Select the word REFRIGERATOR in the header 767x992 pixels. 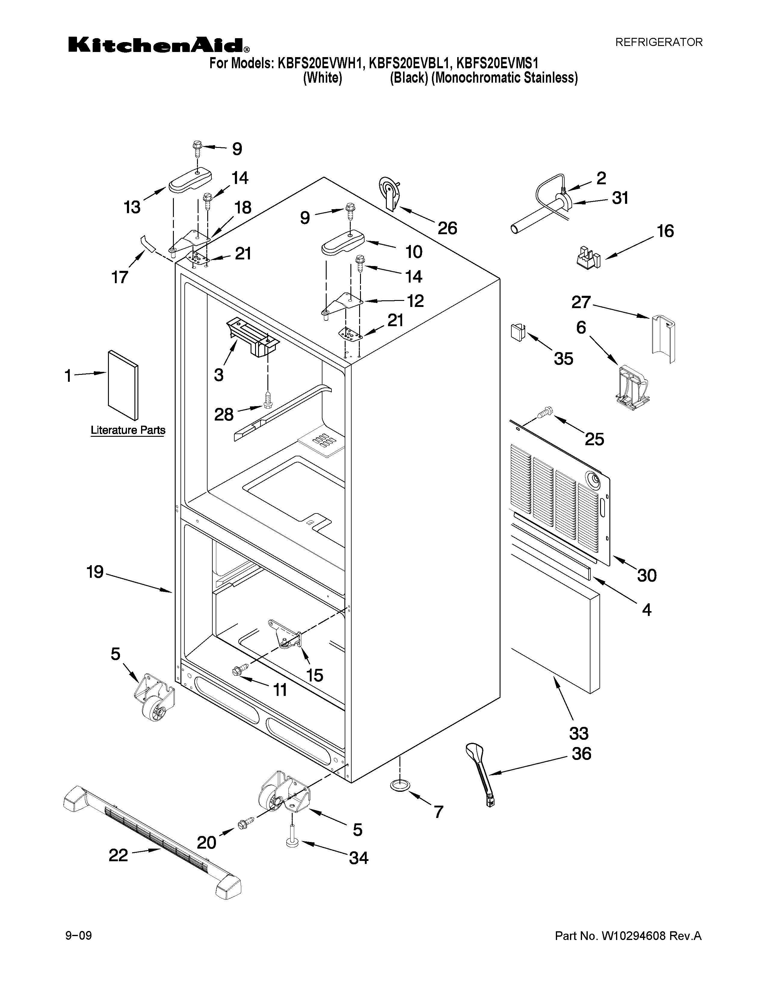click(658, 42)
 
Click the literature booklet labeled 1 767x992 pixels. click(123, 385)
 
